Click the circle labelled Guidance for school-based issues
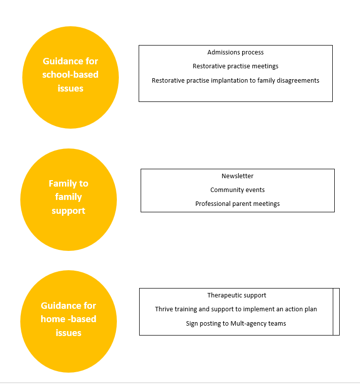coord(70,77)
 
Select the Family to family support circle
coord(68,199)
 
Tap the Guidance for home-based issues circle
coord(68,321)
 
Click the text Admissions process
coord(235,52)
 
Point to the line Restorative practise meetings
coord(235,66)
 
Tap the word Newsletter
coord(238,176)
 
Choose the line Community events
coord(238,190)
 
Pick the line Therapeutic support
coord(237,295)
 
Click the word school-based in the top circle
coord(70,75)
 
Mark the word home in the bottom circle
coord(53,319)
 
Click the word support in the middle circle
coord(68,211)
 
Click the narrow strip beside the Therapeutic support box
coord(336,312)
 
